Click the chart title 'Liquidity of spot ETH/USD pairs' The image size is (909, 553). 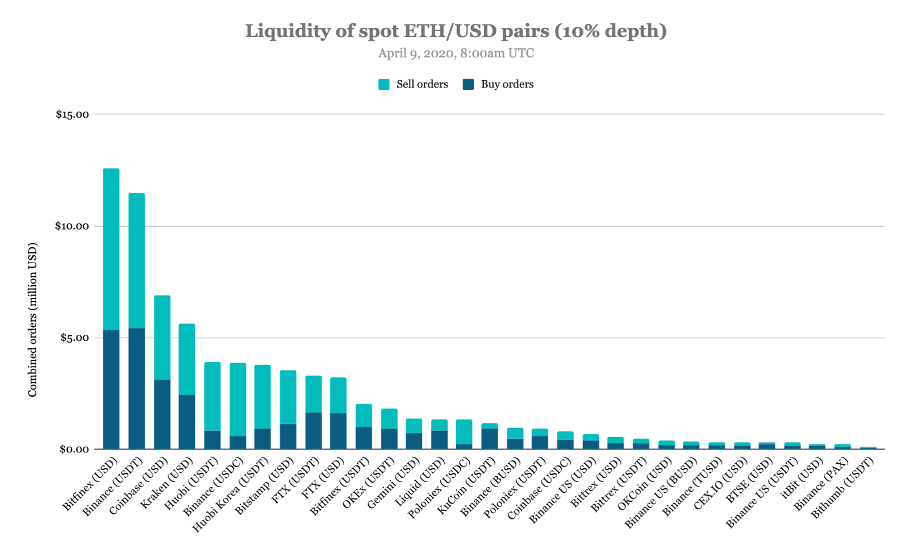(456, 31)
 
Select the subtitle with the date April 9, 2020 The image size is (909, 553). (456, 53)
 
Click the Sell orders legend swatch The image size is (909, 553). (384, 85)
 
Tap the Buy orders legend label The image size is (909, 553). (507, 85)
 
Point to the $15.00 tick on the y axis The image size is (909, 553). (72, 114)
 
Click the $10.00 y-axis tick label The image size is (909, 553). (72, 226)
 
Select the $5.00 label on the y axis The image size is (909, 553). (74, 338)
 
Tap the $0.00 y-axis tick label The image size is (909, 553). (74, 450)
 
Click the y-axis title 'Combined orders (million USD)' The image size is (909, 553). (32, 319)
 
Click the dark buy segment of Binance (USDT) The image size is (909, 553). (136, 389)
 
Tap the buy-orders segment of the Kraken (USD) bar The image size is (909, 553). (187, 422)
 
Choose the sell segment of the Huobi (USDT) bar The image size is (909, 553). (212, 396)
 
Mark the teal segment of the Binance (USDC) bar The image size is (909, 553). (237, 399)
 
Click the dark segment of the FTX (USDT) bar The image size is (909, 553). (314, 430)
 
